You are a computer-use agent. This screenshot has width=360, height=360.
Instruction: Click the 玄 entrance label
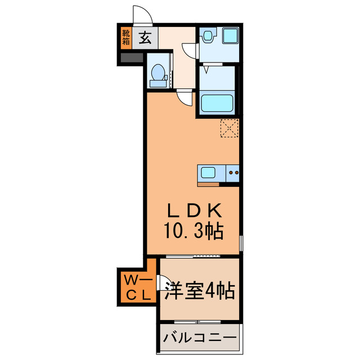pyautogui.click(x=145, y=39)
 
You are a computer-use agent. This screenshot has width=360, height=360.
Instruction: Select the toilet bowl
pyautogui.click(x=158, y=74)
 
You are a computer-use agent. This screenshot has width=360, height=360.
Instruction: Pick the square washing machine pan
pyautogui.click(x=229, y=36)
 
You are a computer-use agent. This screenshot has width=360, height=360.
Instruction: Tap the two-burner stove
pyautogui.click(x=232, y=173)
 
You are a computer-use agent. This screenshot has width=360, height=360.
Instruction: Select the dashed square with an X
pyautogui.click(x=230, y=128)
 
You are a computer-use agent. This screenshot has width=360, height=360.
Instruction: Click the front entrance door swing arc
pyautogui.click(x=141, y=15)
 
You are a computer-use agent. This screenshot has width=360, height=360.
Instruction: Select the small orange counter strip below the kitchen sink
pyautogui.click(x=208, y=183)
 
